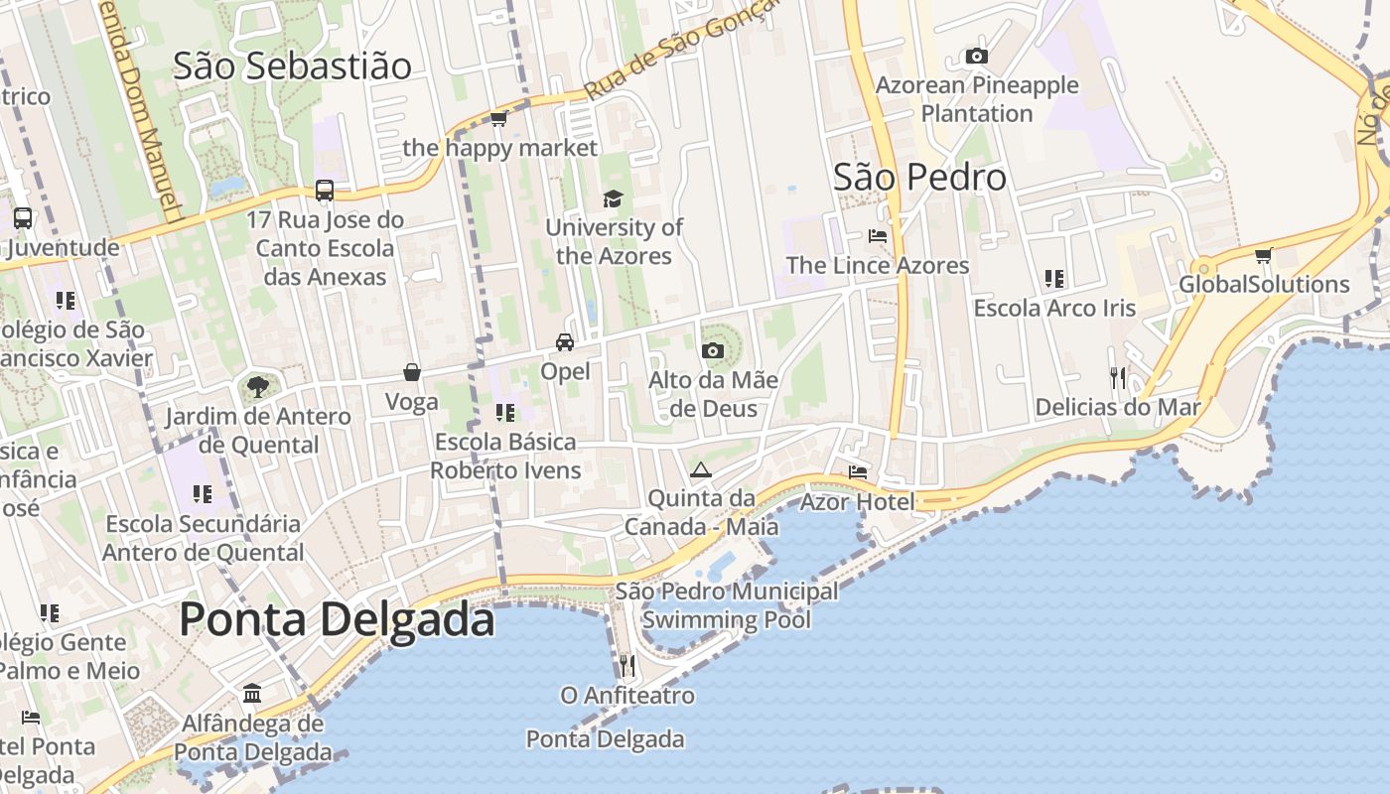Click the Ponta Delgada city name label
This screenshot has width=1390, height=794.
[x=337, y=620]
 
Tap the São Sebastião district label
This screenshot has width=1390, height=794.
[x=292, y=66]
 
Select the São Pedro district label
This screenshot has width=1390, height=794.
[x=919, y=178]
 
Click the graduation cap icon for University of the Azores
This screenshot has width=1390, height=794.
[x=613, y=199]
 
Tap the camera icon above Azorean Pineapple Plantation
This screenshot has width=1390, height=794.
[x=977, y=57]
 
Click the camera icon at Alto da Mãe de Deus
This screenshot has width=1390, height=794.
[x=712, y=350]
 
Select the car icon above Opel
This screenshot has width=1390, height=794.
[x=564, y=342]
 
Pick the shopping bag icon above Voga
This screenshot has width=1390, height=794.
[x=411, y=372]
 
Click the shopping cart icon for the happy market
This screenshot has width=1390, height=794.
[x=498, y=119]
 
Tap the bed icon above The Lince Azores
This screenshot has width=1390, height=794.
[x=878, y=236]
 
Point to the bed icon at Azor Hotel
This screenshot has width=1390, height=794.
[x=857, y=472]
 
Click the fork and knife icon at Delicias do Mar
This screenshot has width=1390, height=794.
[x=1118, y=378]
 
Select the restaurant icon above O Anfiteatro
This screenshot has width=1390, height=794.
[x=626, y=665]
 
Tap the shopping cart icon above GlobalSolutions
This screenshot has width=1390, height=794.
[x=1263, y=256]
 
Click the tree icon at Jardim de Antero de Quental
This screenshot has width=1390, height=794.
[x=257, y=386]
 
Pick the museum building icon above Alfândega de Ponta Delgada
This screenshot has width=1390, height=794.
[x=252, y=693]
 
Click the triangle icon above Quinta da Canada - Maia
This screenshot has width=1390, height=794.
[x=701, y=469]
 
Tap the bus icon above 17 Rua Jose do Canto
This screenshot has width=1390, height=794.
[x=324, y=190]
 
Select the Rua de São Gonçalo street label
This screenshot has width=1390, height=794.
[x=675, y=55]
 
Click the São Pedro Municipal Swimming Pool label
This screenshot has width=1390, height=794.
[x=727, y=606]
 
